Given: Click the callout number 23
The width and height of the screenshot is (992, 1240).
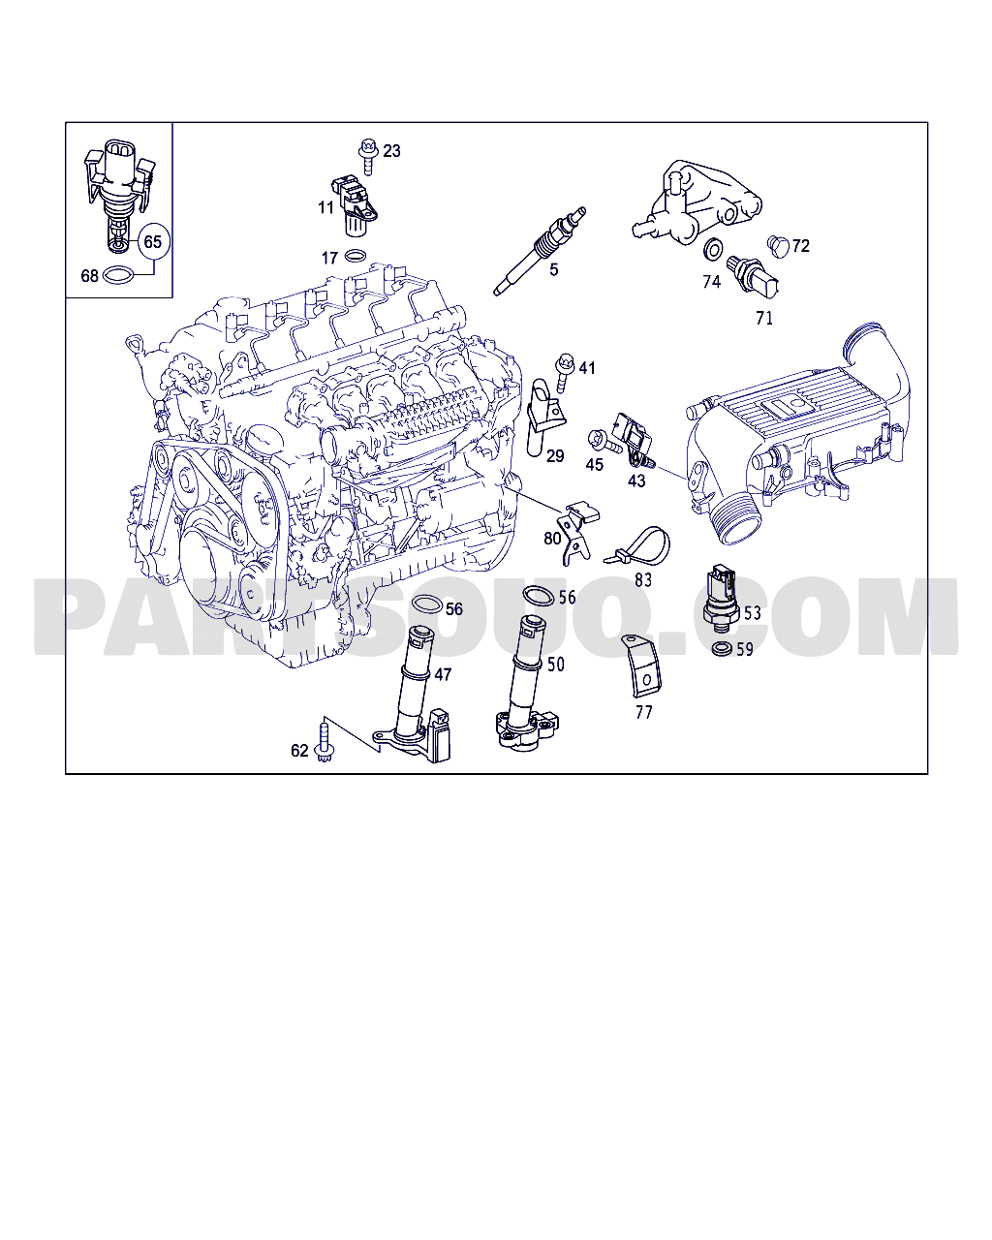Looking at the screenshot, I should pos(391,151).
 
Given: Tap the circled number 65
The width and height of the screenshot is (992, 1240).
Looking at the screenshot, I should pos(153,242).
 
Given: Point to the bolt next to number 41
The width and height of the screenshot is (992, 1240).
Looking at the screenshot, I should pos(562,371).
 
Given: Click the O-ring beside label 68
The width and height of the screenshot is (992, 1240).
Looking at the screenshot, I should pos(118,276).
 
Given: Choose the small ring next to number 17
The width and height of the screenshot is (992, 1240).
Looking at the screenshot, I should pos(356,257).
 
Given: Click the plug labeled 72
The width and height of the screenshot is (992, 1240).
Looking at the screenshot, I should pos(777,245).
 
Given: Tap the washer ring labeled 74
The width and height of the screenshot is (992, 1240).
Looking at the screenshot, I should pos(712,251).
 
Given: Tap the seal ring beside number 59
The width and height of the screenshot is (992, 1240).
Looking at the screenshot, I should pos(721,647).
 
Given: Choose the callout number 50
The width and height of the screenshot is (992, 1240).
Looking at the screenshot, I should pos(556,665).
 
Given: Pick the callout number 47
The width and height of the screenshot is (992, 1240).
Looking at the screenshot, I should pos(443,674).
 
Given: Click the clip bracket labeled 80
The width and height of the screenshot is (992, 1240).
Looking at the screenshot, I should pos(579,529).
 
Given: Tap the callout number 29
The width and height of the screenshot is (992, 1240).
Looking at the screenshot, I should pos(555,456).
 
